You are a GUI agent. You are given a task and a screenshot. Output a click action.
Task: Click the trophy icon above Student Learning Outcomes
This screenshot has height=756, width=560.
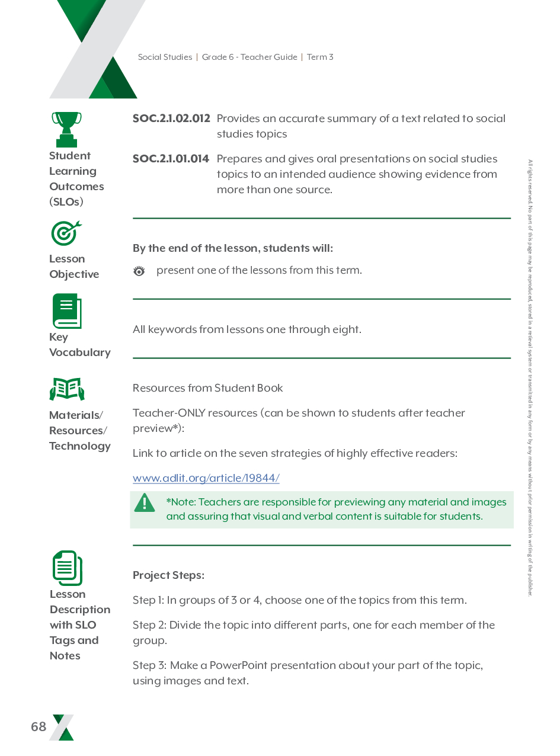pos(66,129)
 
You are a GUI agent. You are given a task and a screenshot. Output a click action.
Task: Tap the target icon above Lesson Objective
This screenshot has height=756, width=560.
pos(66,233)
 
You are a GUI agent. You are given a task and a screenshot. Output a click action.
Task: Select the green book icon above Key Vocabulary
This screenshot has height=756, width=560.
pos(66,311)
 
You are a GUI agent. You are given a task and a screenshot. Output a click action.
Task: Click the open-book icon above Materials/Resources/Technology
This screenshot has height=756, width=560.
pos(67,389)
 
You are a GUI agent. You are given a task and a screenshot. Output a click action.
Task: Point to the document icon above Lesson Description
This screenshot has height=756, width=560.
pos(67,568)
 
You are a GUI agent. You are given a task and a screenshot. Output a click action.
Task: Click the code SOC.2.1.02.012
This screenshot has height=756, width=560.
pos(171,118)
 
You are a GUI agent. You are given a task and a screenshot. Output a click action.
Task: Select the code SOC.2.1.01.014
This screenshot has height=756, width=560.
pos(171,159)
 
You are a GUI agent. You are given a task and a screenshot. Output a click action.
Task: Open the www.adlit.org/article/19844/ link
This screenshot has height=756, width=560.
pos(206,478)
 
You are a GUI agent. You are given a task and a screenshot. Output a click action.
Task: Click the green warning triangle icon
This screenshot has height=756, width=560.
pos(144,504)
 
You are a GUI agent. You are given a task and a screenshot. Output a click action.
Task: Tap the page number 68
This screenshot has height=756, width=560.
pos(39,727)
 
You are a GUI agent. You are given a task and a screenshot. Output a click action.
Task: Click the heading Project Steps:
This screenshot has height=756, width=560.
pos(168,575)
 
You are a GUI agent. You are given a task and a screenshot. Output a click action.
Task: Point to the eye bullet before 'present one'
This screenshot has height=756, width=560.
pos(139,271)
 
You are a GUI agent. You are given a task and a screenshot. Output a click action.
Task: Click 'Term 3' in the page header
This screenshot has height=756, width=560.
pos(320,57)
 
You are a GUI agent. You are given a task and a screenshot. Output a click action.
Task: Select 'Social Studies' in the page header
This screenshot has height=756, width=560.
pos(165,57)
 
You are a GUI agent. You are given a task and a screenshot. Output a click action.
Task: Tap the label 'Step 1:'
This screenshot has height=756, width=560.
pos(148,600)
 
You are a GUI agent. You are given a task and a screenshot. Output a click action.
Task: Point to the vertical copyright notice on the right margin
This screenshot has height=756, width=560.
pos(530,377)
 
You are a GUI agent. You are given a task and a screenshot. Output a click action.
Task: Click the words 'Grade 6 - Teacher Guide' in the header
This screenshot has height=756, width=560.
pos(249,57)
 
